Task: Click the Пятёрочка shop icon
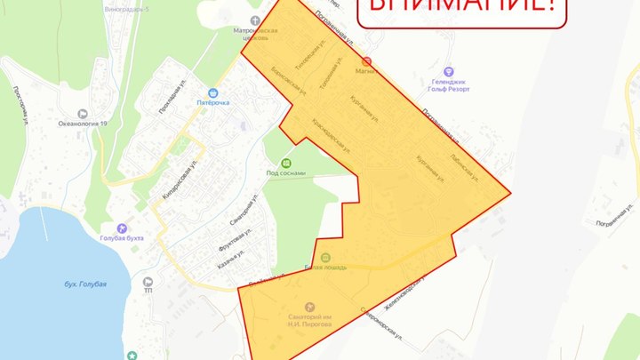point(213,92)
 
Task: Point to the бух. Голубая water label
point(85,284)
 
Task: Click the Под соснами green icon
point(285,163)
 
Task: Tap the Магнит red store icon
point(368,62)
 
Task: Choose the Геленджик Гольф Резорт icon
point(448,71)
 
